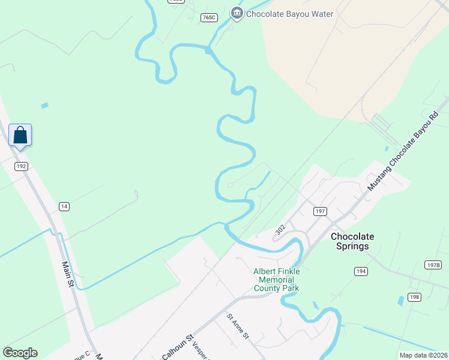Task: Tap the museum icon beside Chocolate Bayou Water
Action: (237, 13)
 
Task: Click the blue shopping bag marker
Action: (20, 136)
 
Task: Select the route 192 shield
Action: (22, 166)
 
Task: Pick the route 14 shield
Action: (64, 206)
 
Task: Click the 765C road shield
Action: (209, 18)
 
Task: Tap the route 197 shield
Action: (320, 211)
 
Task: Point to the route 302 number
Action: (280, 230)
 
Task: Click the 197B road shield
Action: (432, 265)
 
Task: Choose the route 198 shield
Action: (414, 297)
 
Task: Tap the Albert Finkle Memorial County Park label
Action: (276, 280)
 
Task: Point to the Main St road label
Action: (68, 274)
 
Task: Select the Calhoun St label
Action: (177, 346)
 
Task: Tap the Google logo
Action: (20, 353)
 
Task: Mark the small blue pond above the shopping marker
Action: (44, 106)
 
